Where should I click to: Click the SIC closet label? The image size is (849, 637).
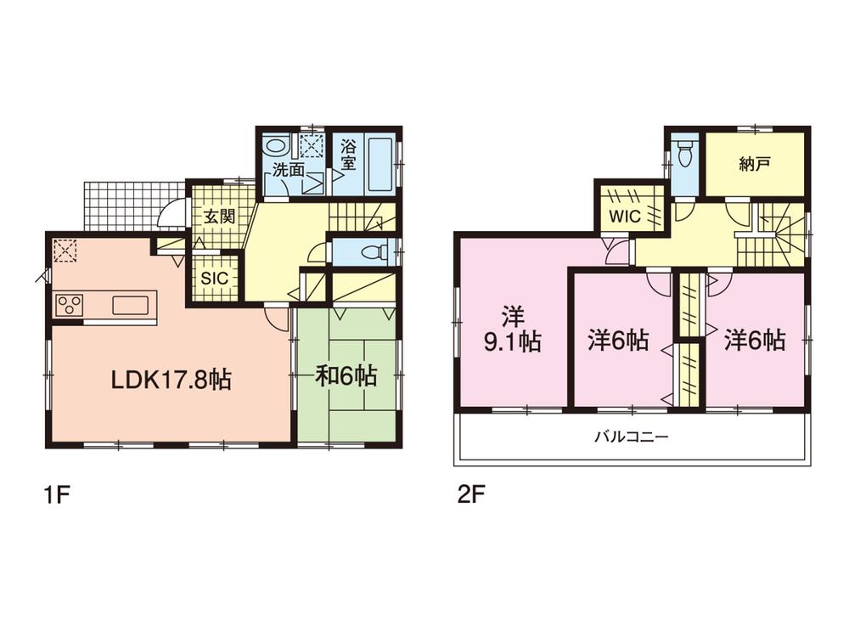[x=213, y=278]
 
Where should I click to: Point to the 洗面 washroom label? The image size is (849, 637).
[x=288, y=170]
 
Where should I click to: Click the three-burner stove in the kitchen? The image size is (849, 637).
[x=70, y=304]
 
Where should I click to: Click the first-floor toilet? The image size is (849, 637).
[x=374, y=252]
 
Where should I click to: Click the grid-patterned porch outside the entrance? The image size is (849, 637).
[x=132, y=204]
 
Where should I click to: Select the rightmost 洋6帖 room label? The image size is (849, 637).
[x=754, y=341]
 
